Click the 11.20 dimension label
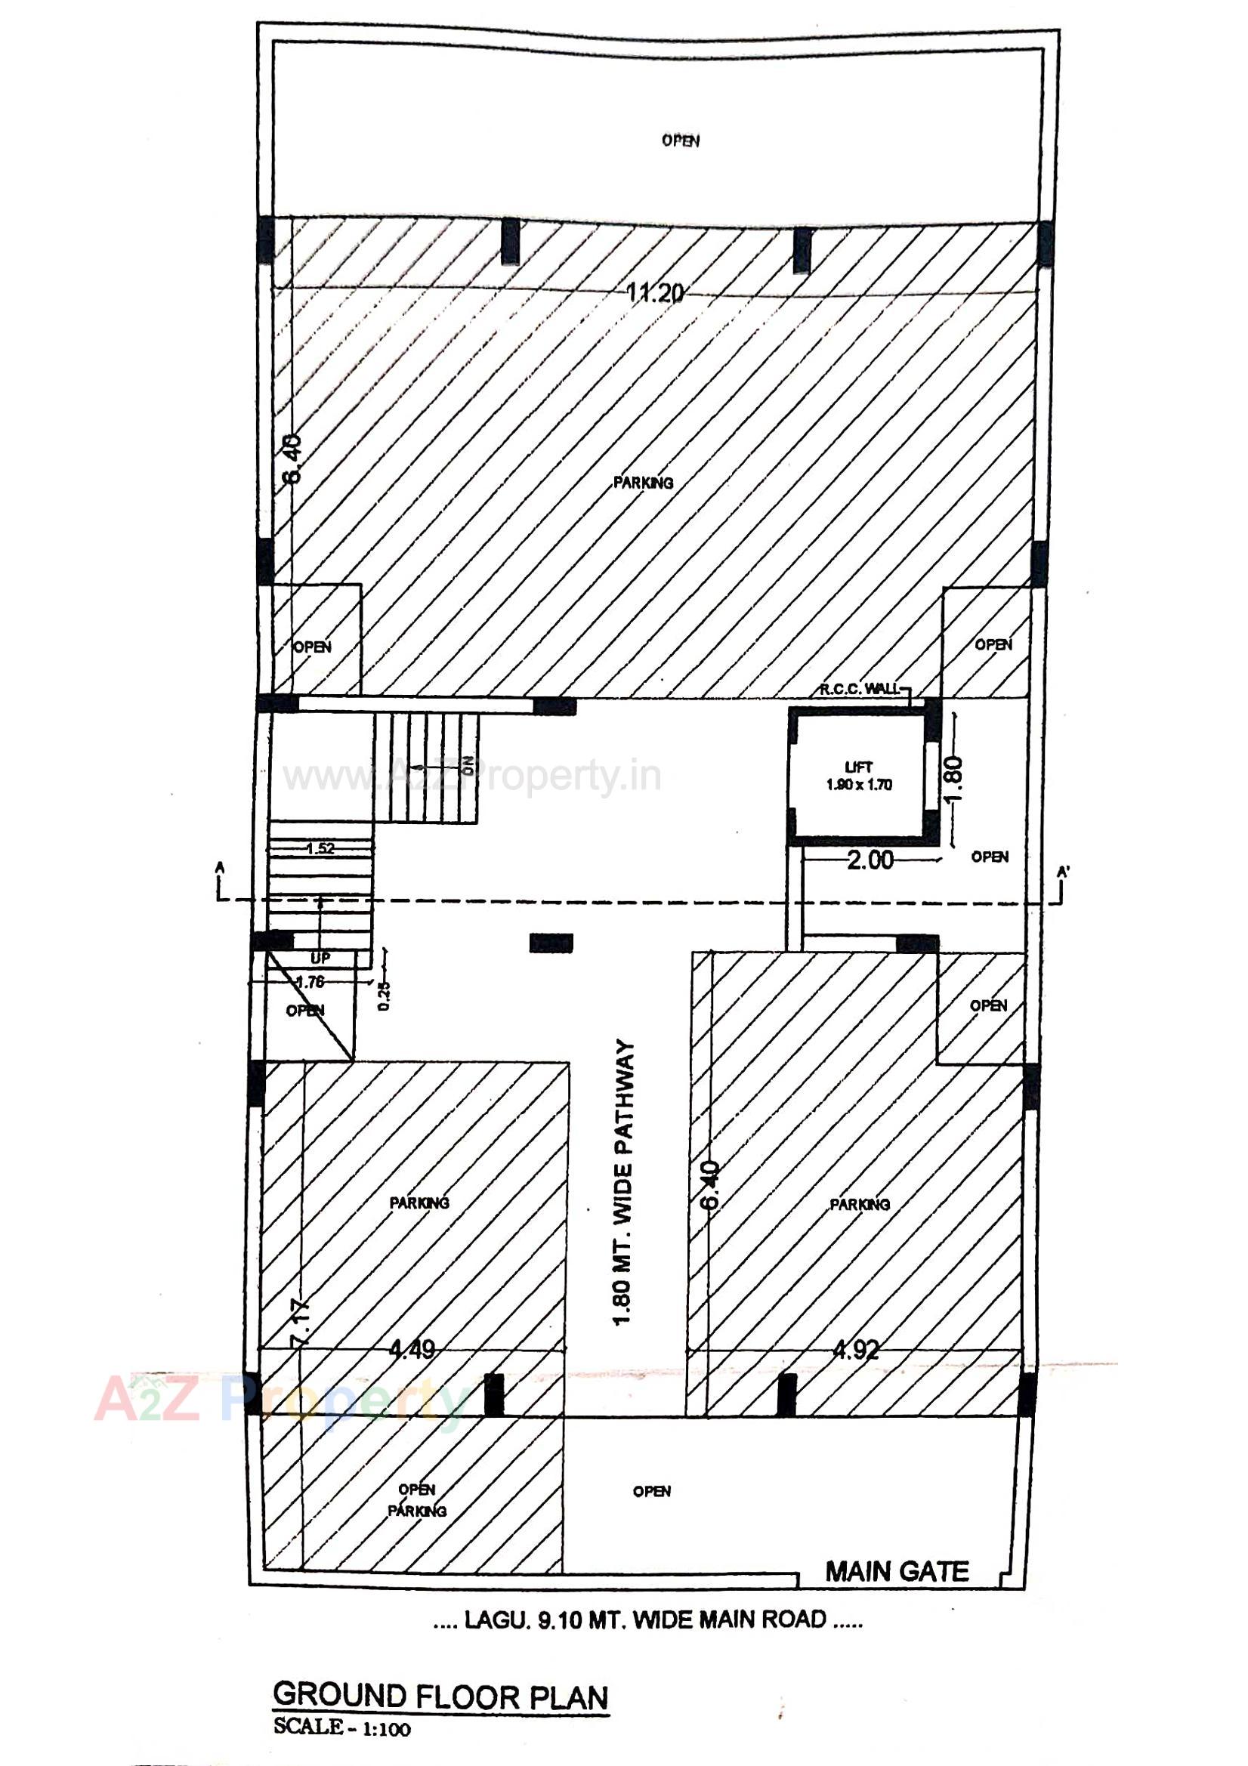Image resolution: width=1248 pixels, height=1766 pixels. click(654, 293)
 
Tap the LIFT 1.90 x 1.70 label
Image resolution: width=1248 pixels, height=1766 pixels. click(859, 776)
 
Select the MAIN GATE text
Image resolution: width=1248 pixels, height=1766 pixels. click(897, 1570)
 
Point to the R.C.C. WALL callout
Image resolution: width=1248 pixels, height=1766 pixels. click(859, 688)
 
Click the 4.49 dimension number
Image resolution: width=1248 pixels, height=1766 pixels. click(412, 1349)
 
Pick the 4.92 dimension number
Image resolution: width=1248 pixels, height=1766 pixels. click(856, 1349)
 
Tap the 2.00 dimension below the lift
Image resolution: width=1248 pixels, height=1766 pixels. click(870, 860)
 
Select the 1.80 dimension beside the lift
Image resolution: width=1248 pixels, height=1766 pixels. click(953, 780)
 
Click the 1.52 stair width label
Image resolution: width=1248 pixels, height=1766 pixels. click(320, 848)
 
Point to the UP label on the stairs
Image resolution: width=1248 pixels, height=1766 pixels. click(320, 958)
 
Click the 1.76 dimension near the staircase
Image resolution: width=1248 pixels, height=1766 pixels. click(309, 982)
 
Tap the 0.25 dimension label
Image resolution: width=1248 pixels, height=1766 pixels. click(385, 996)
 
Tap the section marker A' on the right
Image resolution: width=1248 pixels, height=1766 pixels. click(1064, 872)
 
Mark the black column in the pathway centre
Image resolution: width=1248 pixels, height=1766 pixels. click(551, 943)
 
